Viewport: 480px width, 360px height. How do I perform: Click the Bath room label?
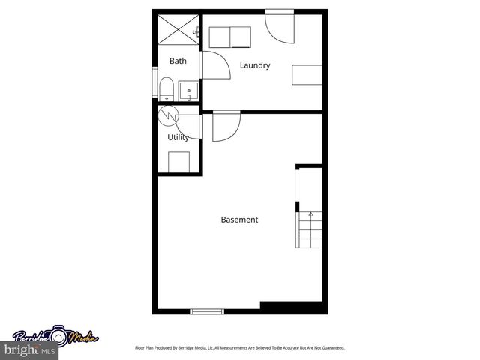click(x=178, y=61)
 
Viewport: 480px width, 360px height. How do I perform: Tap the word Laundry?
click(x=255, y=65)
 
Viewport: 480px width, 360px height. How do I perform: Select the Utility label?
click(x=178, y=137)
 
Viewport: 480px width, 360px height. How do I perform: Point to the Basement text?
click(x=239, y=220)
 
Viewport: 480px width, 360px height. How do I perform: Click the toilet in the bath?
click(x=166, y=89)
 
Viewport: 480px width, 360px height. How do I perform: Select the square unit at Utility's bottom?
click(x=178, y=161)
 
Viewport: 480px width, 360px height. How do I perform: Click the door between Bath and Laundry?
click(x=216, y=66)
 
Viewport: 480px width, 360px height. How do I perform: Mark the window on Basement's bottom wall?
click(x=207, y=310)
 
